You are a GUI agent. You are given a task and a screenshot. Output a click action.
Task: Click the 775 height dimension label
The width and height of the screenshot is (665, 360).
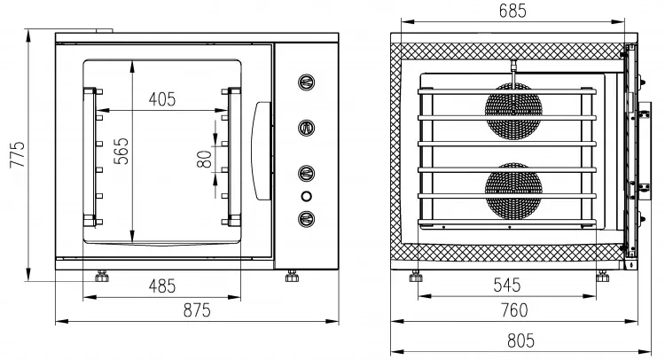18,155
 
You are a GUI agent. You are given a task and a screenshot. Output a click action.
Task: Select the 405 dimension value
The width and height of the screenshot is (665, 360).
162,99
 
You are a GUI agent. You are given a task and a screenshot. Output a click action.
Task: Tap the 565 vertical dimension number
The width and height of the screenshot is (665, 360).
121,151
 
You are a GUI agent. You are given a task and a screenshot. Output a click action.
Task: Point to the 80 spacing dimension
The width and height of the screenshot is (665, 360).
205,159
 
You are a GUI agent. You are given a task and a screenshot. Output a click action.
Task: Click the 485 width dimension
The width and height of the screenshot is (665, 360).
162,286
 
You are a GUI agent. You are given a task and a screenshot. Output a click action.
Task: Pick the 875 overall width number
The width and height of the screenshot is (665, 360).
197,310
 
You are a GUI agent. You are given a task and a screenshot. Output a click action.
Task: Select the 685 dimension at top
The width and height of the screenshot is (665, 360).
512,11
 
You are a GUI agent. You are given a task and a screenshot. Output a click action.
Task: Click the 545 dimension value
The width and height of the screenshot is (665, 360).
507,285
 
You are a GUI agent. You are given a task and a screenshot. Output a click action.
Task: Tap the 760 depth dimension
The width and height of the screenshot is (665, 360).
514,310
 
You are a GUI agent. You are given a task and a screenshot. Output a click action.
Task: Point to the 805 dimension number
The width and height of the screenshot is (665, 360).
520,340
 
